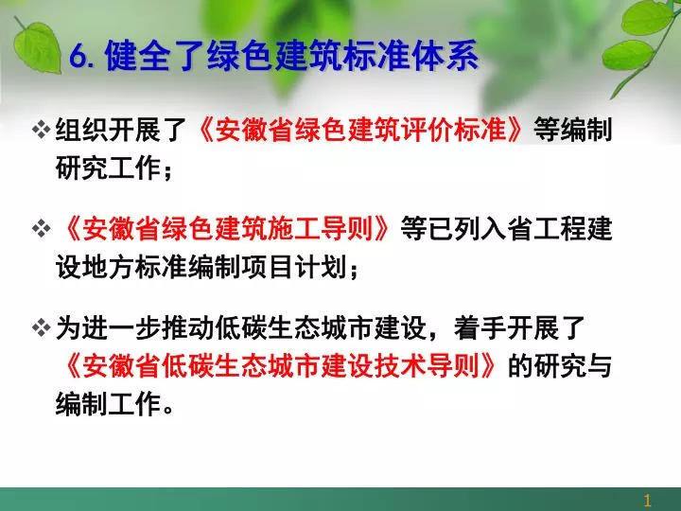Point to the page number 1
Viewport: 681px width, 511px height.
pyautogui.click(x=647, y=501)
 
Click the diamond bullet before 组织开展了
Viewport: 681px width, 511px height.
pyautogui.click(x=42, y=130)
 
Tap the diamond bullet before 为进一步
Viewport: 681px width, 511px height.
pyautogui.click(x=42, y=327)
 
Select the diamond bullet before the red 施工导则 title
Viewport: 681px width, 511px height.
pyautogui.click(x=42, y=229)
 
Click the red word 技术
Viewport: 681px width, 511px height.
pyautogui.click(x=400, y=365)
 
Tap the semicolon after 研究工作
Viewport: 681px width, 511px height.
pyautogui.click(x=167, y=170)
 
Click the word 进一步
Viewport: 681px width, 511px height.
pyautogui.click(x=121, y=327)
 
